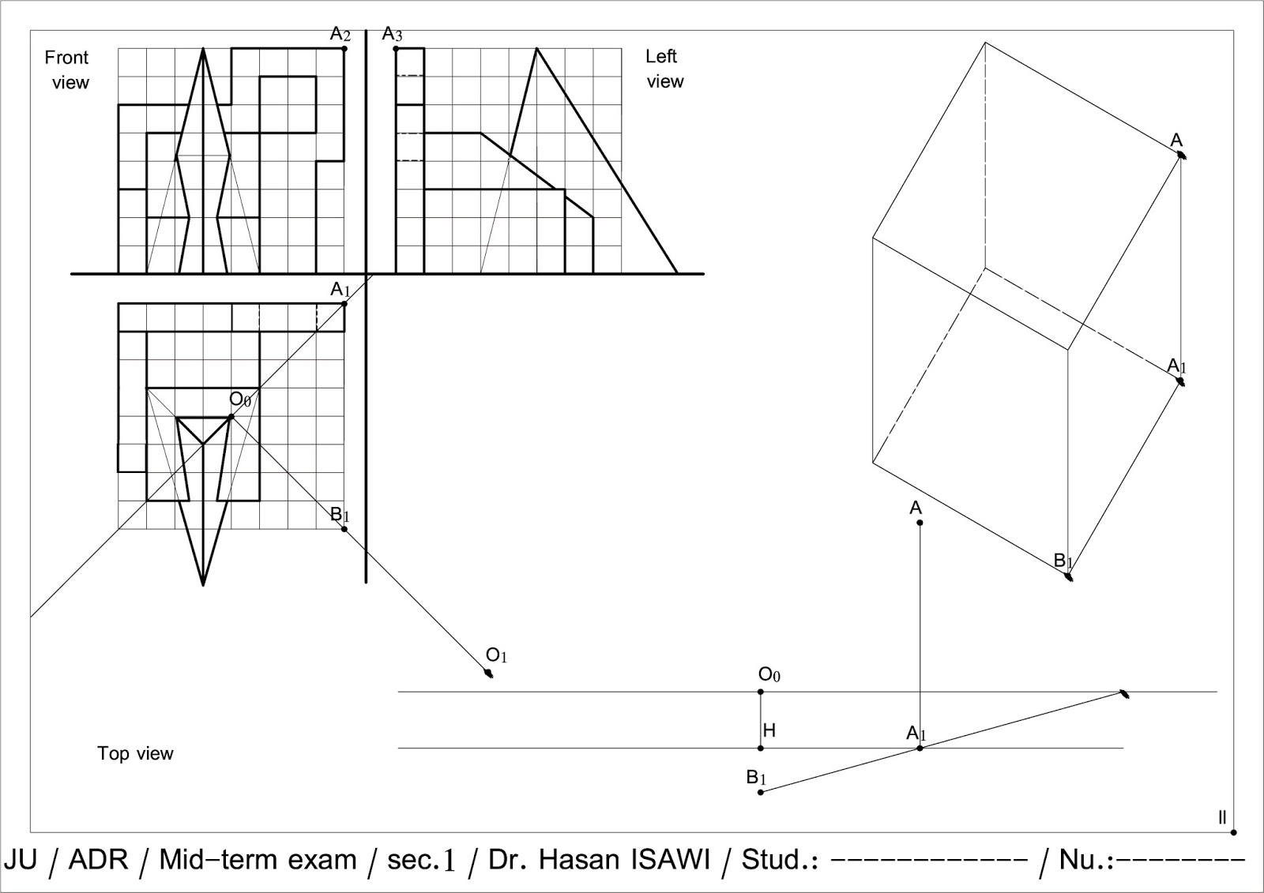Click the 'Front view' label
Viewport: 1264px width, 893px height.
point(67,70)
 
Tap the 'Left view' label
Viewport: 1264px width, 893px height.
point(664,69)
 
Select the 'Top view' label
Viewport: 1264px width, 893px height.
point(135,753)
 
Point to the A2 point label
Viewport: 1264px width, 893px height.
point(340,34)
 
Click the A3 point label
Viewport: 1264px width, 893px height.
point(392,34)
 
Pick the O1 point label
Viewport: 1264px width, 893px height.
point(496,655)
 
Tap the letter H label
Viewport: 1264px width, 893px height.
point(769,731)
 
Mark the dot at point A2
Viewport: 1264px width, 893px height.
point(344,49)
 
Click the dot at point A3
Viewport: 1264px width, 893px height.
point(396,49)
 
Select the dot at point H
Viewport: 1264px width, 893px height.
point(761,748)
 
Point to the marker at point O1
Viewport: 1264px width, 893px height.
point(489,674)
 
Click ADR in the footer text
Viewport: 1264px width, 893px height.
point(98,859)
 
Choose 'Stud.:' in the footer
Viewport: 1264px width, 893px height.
point(779,859)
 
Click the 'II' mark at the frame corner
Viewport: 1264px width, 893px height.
point(1222,818)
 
